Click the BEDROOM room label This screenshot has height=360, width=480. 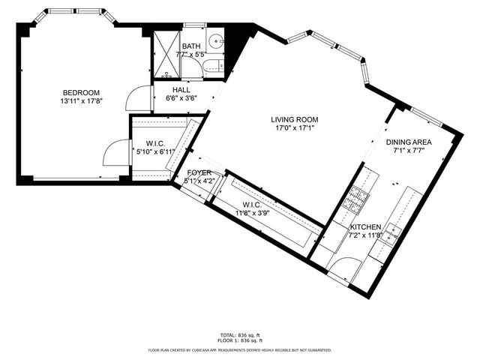[x=80, y=92]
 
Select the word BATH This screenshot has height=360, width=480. [x=191, y=46]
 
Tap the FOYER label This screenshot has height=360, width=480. [x=199, y=172]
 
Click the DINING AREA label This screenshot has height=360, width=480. [x=409, y=142]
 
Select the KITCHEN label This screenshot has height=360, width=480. [x=365, y=226]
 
